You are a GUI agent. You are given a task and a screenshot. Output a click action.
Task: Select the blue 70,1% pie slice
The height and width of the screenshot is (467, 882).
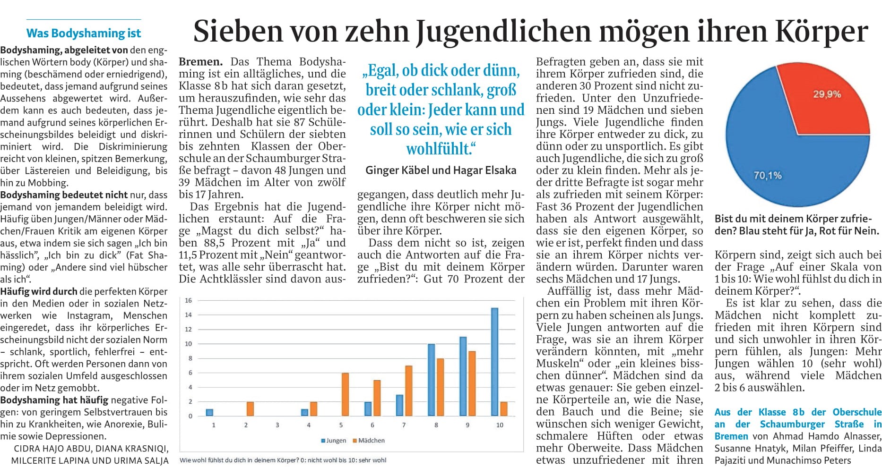tap(775, 161)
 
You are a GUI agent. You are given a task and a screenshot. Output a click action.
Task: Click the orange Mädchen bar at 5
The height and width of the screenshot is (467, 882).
tap(346, 394)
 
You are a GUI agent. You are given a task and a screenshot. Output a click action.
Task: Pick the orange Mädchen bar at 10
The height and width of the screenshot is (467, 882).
tap(504, 408)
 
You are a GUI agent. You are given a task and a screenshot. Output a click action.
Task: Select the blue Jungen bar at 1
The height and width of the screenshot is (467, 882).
tap(209, 412)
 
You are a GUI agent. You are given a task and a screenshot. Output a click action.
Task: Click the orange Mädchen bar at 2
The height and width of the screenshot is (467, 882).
tap(250, 408)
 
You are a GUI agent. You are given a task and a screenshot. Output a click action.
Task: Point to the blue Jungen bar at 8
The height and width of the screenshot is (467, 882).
tap(431, 380)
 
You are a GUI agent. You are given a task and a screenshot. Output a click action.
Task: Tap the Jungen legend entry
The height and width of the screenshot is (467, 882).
tap(334, 441)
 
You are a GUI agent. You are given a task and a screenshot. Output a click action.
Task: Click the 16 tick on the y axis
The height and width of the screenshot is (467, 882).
tap(188, 300)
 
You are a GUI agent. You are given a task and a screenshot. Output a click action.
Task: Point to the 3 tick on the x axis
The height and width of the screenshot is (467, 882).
tap(277, 425)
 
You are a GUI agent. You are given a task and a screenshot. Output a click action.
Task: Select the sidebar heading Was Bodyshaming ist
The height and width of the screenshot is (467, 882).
tap(84, 34)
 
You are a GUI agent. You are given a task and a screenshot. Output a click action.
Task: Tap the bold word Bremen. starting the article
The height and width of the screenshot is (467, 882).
tap(200, 62)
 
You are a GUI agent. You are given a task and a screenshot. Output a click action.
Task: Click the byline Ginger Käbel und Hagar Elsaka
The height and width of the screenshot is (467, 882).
tap(441, 170)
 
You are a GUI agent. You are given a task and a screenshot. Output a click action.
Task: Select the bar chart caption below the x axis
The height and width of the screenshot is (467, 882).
tap(283, 460)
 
